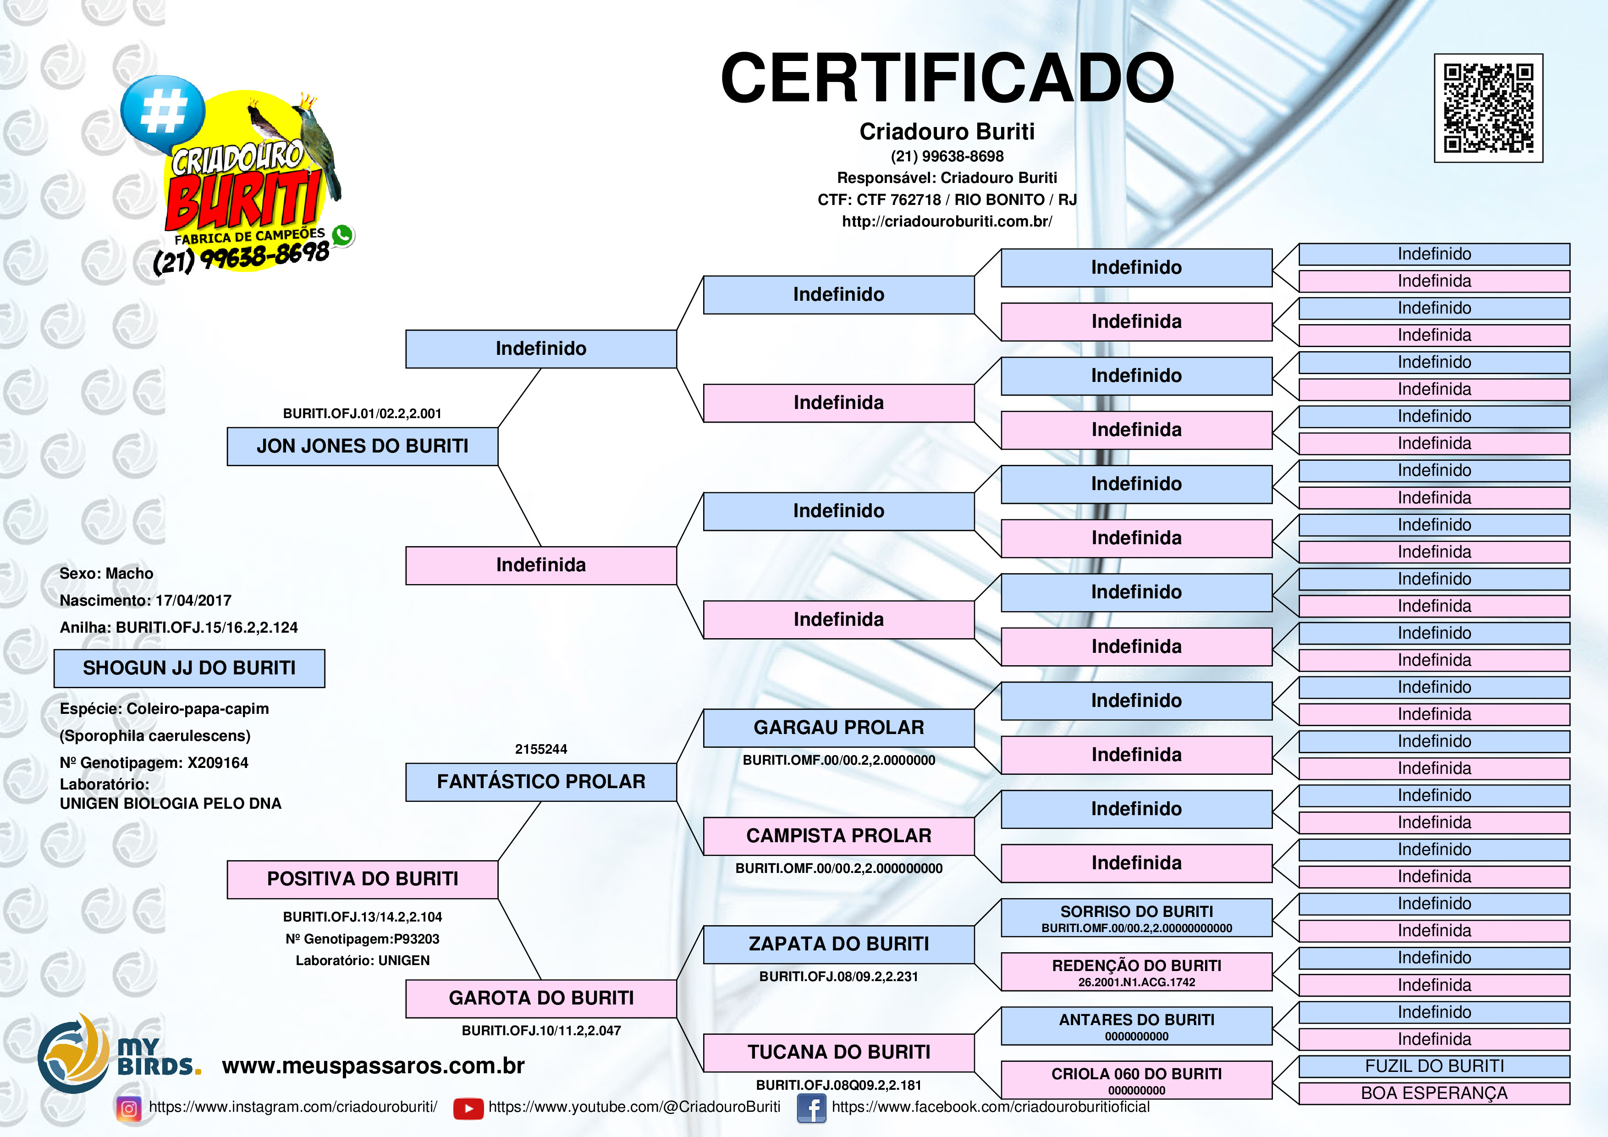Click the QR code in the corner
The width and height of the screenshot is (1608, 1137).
tap(1488, 108)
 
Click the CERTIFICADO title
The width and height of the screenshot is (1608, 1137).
tap(947, 78)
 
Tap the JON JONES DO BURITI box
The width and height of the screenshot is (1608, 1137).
tap(362, 446)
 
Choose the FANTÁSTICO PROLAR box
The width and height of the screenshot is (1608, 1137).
tap(541, 782)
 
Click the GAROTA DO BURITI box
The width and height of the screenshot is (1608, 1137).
tap(541, 998)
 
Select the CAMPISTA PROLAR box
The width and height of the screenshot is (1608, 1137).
tap(838, 836)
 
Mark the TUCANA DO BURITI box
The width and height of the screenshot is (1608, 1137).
tap(838, 1052)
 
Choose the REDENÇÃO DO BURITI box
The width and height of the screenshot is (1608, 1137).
tap(1136, 971)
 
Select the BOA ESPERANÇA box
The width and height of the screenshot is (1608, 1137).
tap(1434, 1093)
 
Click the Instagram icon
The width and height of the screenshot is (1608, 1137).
tap(129, 1108)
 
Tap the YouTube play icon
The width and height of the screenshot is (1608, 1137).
tap(468, 1108)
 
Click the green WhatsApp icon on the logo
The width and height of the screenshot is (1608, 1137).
tap(342, 235)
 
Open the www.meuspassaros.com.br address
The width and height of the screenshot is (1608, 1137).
tap(373, 1065)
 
